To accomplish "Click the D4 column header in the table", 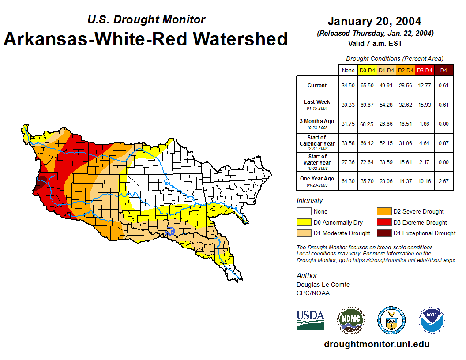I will coord(443,70).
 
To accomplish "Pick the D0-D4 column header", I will coord(367,70).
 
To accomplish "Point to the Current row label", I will coord(317,86).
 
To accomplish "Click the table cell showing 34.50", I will coord(348,86).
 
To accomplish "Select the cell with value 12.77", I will coord(424,86).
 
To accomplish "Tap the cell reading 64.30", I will coord(348,181).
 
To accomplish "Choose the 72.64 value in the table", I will coord(367,162).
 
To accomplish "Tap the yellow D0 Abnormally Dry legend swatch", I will coord(304,222).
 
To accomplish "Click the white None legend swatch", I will coord(304,212).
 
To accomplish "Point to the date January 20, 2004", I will coord(375,21).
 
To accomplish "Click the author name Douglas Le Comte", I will coord(323,285).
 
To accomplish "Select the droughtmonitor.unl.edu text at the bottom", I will coord(376,344).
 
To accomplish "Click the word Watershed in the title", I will coord(242,39).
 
